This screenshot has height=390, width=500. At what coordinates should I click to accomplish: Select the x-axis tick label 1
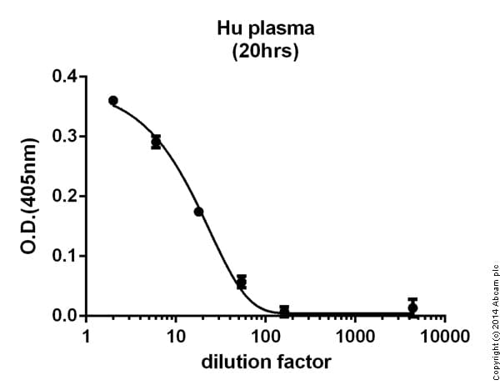pyautogui.click(x=86, y=337)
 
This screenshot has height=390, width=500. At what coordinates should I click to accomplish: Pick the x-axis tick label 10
pyautogui.click(x=175, y=337)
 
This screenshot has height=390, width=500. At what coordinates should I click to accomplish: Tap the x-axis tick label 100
pyautogui.click(x=265, y=337)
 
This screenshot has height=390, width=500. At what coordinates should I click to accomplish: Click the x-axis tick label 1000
pyautogui.click(x=355, y=337)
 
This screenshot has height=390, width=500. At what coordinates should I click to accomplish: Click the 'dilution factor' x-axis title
pyautogui.click(x=265, y=362)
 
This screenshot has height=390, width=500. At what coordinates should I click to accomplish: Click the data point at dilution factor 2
pyautogui.click(x=113, y=101)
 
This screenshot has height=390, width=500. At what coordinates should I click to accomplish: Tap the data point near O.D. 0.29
pyautogui.click(x=156, y=142)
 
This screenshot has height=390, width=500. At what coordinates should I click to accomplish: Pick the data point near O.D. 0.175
pyautogui.click(x=198, y=212)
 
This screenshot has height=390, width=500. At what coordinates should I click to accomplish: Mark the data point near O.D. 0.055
pyautogui.click(x=242, y=282)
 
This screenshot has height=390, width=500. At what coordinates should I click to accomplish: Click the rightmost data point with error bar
pyautogui.click(x=412, y=307)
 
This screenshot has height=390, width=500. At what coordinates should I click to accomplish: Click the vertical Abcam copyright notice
pyautogui.click(x=492, y=323)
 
